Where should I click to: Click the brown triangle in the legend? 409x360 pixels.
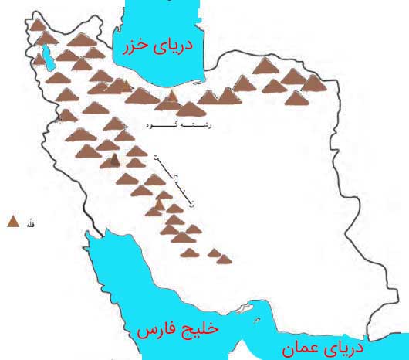click(12, 222)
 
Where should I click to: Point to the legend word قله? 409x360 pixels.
click(32, 223)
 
